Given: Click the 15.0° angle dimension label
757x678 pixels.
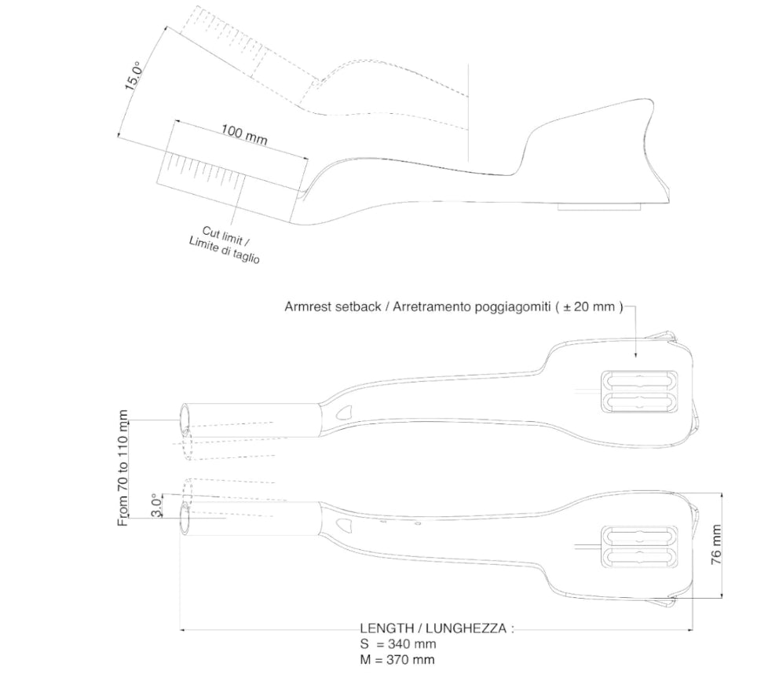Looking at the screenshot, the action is click(133, 75).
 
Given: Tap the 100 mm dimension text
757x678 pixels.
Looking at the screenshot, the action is click(244, 134).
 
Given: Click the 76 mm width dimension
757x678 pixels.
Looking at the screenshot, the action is click(716, 544).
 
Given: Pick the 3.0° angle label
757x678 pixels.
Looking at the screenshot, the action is click(156, 506).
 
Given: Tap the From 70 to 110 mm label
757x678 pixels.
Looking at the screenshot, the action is click(123, 468).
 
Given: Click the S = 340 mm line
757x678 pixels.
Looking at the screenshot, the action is click(398, 643).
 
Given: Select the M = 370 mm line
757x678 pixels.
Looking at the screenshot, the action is click(397, 660).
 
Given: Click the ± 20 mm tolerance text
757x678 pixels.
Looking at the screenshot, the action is click(589, 306).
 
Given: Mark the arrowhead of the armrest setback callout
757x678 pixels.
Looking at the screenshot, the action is click(635, 355).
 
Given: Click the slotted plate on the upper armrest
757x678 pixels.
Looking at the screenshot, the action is click(639, 391).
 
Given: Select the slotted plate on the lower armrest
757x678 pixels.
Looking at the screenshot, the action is click(639, 547).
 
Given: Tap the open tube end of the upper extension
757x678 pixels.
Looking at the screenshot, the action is click(185, 417).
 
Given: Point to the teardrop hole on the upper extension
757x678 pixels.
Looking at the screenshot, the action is click(344, 412).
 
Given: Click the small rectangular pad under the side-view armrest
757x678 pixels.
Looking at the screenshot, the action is click(599, 207).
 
